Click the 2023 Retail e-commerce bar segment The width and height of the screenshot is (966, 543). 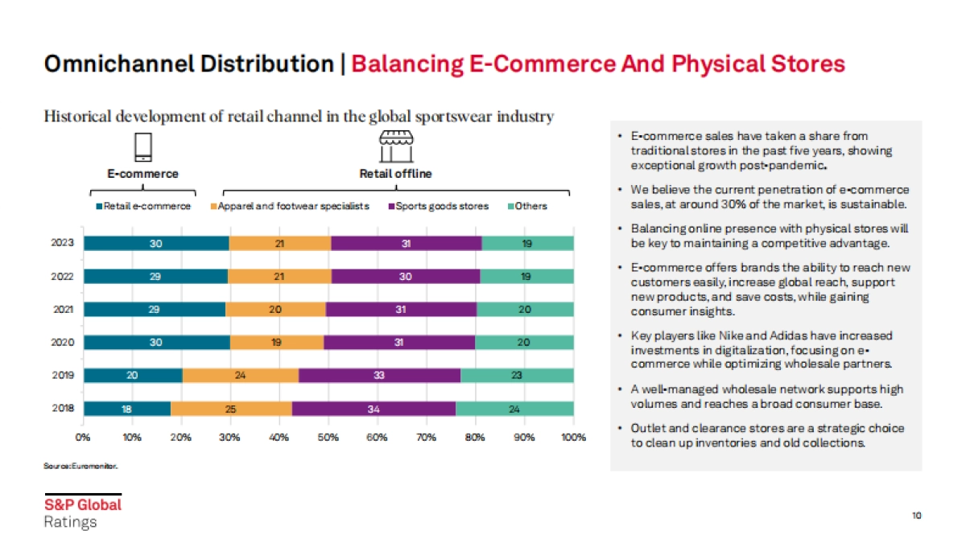coord(156,243)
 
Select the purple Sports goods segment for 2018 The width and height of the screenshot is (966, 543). coord(374,409)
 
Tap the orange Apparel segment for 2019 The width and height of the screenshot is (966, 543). coord(241,375)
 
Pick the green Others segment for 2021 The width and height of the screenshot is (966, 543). coord(525,309)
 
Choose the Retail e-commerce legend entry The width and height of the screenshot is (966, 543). coord(144,206)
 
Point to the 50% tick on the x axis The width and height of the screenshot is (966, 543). coord(328,438)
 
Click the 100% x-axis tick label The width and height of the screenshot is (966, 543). coord(573,438)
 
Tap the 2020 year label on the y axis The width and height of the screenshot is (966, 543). coord(62,342)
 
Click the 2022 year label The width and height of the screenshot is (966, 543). coord(62,276)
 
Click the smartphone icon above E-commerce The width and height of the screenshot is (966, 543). coord(142,147)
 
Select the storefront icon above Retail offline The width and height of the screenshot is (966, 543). coord(395,146)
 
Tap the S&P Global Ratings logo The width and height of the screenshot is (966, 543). coord(82,512)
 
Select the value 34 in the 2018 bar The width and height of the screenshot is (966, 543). coord(374,409)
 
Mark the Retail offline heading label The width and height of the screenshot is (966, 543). coord(395,174)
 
